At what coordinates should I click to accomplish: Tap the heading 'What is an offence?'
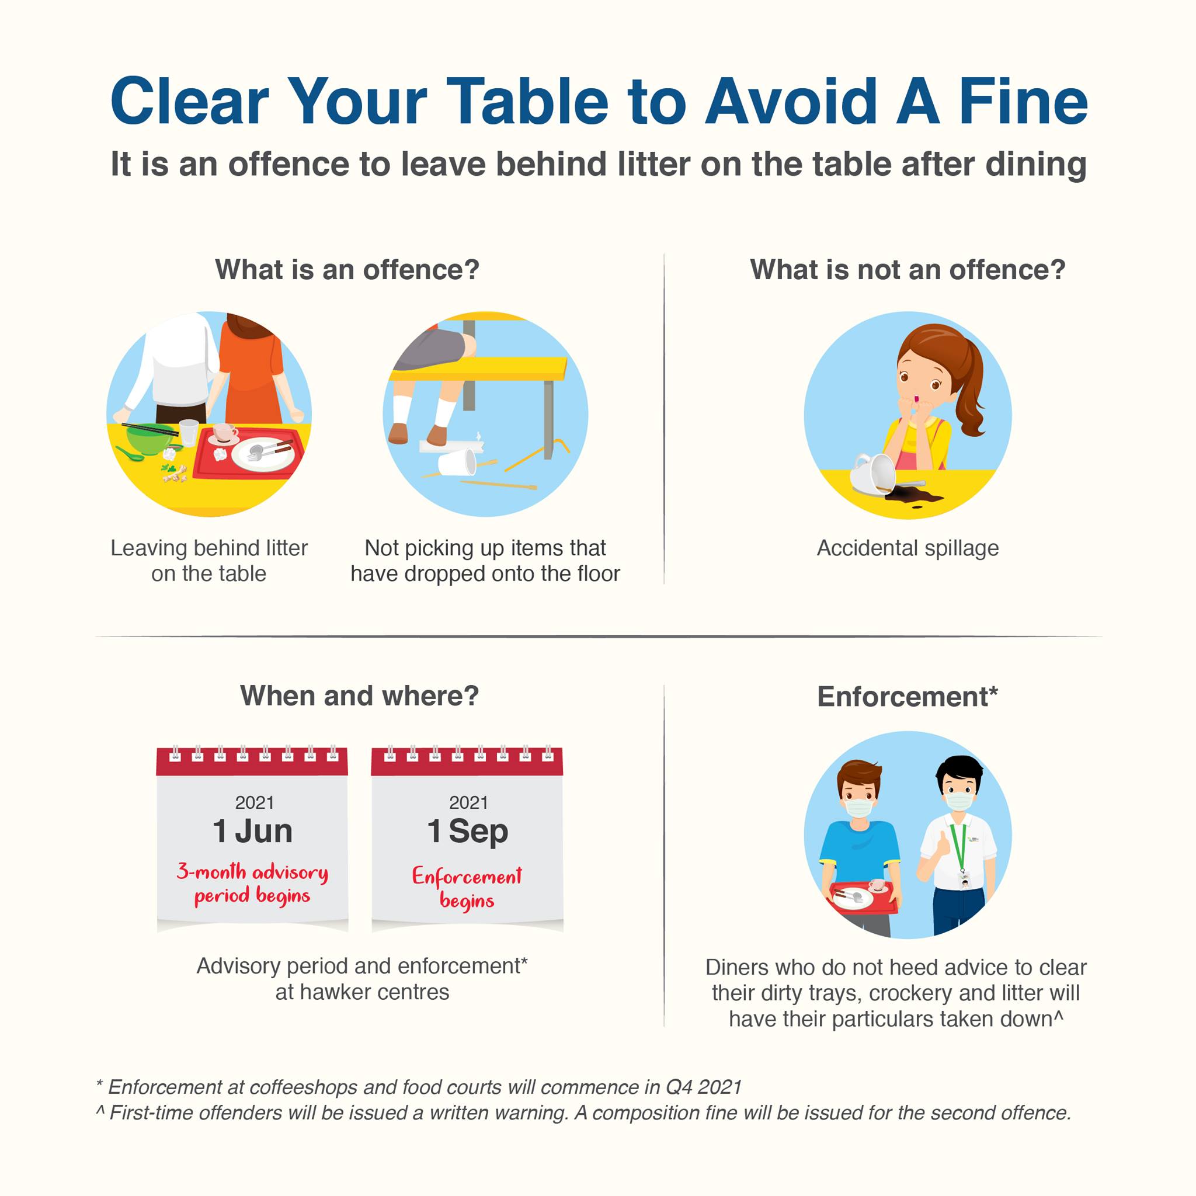[347, 270]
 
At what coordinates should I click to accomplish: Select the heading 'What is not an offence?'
[908, 270]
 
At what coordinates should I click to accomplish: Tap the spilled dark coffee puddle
[913, 495]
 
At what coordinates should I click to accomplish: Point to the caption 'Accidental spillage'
[908, 548]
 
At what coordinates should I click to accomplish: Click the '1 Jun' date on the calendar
[252, 831]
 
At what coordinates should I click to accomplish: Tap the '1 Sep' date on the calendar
[467, 831]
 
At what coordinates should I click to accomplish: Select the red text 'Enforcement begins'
[467, 888]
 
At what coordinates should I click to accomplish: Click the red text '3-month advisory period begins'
[252, 884]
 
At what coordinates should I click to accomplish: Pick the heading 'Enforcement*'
[908, 697]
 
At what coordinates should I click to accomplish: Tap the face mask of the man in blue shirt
[858, 808]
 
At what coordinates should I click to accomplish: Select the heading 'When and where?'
[359, 697]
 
